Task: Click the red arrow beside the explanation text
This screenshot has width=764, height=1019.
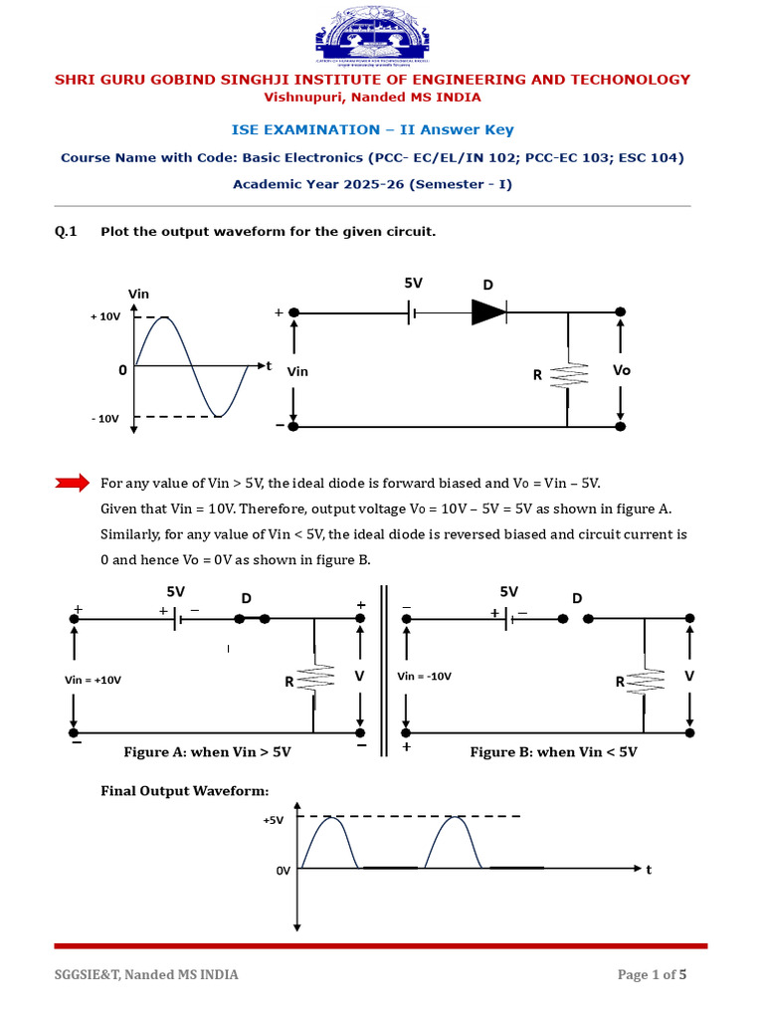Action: pyautogui.click(x=72, y=484)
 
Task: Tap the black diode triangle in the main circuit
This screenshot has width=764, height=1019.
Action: pyautogui.click(x=488, y=311)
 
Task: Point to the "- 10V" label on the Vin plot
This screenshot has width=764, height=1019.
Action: pyautogui.click(x=105, y=419)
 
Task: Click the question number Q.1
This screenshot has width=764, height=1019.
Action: pyautogui.click(x=66, y=232)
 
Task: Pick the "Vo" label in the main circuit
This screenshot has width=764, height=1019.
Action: pyautogui.click(x=622, y=370)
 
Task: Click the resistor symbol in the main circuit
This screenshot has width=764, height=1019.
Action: pyautogui.click(x=567, y=376)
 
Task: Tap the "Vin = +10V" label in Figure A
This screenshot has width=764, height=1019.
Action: pyautogui.click(x=93, y=680)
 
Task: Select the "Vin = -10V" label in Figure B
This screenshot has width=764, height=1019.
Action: pyautogui.click(x=424, y=677)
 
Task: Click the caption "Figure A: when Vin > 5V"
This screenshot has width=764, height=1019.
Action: pyautogui.click(x=207, y=752)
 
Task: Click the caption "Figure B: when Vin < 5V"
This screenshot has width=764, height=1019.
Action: pyautogui.click(x=553, y=752)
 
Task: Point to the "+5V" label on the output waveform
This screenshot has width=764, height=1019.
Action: pyautogui.click(x=274, y=821)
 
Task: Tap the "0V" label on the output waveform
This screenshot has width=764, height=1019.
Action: pyautogui.click(x=284, y=870)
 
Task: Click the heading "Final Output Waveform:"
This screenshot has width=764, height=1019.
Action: pyautogui.click(x=185, y=791)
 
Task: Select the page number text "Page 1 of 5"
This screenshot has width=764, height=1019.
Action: pyautogui.click(x=652, y=975)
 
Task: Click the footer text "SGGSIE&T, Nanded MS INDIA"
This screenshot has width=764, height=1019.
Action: pyautogui.click(x=145, y=975)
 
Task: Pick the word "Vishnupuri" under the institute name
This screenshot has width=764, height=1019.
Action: pyautogui.click(x=300, y=98)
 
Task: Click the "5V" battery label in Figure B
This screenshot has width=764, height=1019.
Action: pyautogui.click(x=509, y=591)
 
